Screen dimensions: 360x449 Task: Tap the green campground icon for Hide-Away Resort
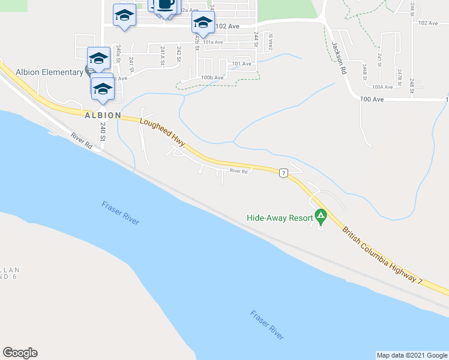(321, 215)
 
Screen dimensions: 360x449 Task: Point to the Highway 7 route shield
(283, 173)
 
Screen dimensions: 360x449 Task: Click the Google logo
(20, 353)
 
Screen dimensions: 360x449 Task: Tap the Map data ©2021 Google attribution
(412, 355)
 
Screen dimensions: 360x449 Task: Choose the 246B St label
(364, 70)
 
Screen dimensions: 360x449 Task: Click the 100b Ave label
(212, 77)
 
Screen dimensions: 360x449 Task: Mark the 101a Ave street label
(212, 42)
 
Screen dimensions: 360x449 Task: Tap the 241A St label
(163, 54)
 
